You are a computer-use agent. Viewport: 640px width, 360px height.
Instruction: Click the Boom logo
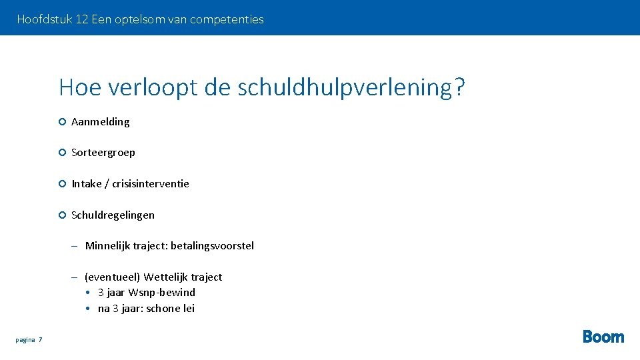(603, 337)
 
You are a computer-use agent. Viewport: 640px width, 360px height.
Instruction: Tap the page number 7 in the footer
(40, 340)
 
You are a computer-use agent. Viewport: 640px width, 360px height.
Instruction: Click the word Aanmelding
(101, 121)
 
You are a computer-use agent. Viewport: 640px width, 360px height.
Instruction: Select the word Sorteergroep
(103, 153)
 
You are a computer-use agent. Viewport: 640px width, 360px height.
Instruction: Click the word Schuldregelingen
(113, 215)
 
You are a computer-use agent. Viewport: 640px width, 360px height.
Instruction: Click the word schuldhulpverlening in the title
(345, 87)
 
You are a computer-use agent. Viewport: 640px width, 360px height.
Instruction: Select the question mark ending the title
(459, 87)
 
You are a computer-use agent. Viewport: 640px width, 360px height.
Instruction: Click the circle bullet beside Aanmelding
(61, 121)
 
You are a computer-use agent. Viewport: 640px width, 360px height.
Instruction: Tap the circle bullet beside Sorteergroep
(61, 153)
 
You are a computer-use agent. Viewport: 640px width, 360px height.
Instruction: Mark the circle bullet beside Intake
(61, 183)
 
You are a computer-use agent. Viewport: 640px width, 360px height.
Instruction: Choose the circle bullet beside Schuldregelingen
(61, 215)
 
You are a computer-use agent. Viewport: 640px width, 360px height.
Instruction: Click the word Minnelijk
(107, 246)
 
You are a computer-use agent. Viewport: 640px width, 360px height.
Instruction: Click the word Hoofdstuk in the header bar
(44, 19)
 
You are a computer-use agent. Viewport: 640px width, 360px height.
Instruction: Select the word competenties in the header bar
(227, 19)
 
